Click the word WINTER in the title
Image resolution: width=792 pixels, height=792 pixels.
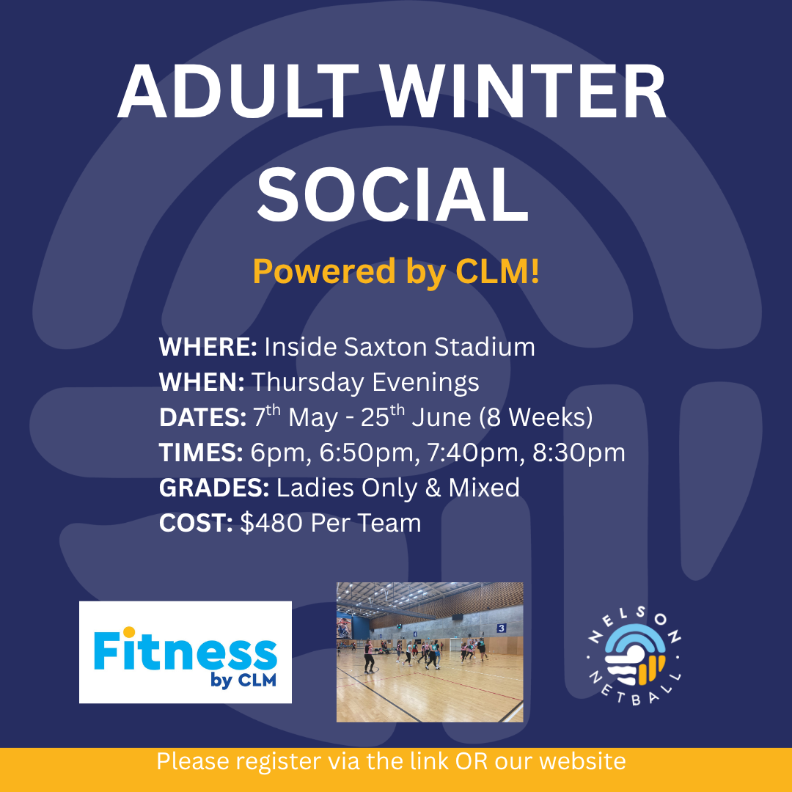coord(524,92)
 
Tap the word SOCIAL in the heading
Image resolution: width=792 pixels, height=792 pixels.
coord(393,194)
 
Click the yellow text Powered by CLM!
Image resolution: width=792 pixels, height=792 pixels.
coord(396,272)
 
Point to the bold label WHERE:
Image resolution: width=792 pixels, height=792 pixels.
coord(208,347)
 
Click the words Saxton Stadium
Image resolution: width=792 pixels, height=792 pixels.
coord(439,347)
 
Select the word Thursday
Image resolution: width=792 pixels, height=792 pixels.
coord(307,383)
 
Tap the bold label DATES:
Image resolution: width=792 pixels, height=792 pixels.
coord(202,417)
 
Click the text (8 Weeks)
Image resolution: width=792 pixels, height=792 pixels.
coord(536,417)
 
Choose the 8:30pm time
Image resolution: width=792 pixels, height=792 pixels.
coord(579,453)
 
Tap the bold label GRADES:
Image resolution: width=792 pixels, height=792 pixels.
coord(214,488)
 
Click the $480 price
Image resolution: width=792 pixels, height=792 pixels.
coord(271,523)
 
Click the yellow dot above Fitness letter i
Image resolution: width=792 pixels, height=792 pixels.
coord(129,632)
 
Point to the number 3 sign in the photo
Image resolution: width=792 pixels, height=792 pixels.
coord(501,628)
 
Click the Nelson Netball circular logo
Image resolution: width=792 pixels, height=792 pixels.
coord(634,656)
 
